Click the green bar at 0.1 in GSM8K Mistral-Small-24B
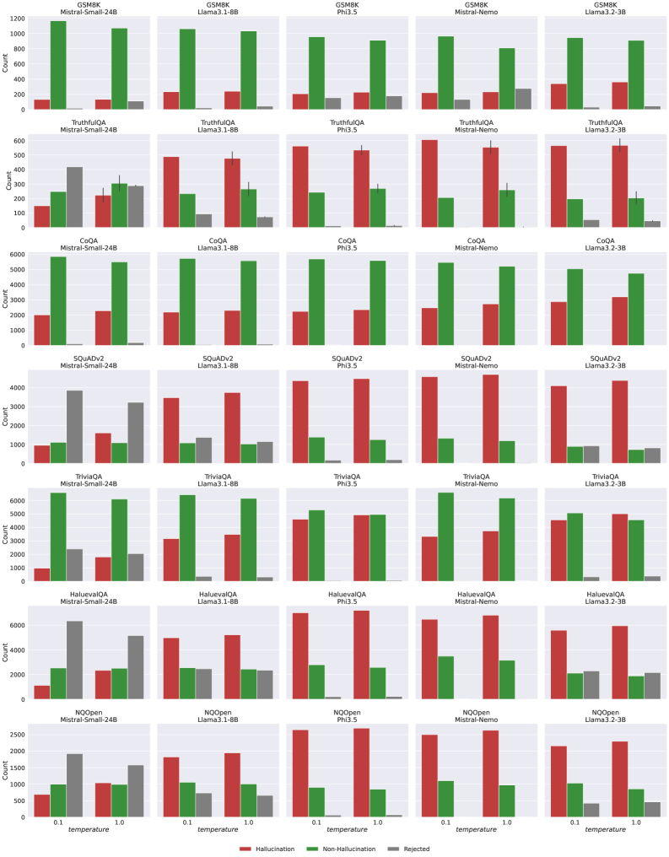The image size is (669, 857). (58, 65)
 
